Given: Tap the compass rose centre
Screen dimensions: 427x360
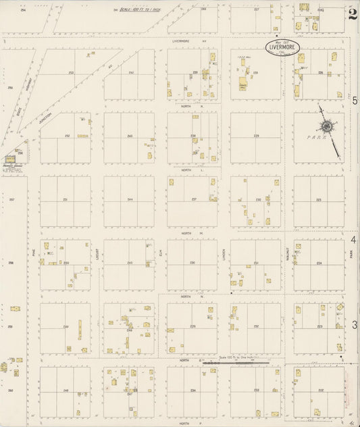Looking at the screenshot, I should (327, 126).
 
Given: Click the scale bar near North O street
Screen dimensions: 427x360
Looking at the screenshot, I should (236, 363).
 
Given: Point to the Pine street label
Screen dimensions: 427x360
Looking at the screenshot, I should (32, 252).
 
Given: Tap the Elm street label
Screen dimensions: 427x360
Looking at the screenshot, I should (160, 253).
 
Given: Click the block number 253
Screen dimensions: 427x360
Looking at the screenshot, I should (70, 72).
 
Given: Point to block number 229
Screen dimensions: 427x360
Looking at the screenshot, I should (256, 136).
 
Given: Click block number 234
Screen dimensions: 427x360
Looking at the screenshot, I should (192, 390).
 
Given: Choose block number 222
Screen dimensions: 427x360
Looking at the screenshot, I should (319, 390).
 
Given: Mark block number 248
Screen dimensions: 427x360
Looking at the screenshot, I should (66, 390).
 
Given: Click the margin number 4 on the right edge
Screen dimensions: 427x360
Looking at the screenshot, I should (353, 240).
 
